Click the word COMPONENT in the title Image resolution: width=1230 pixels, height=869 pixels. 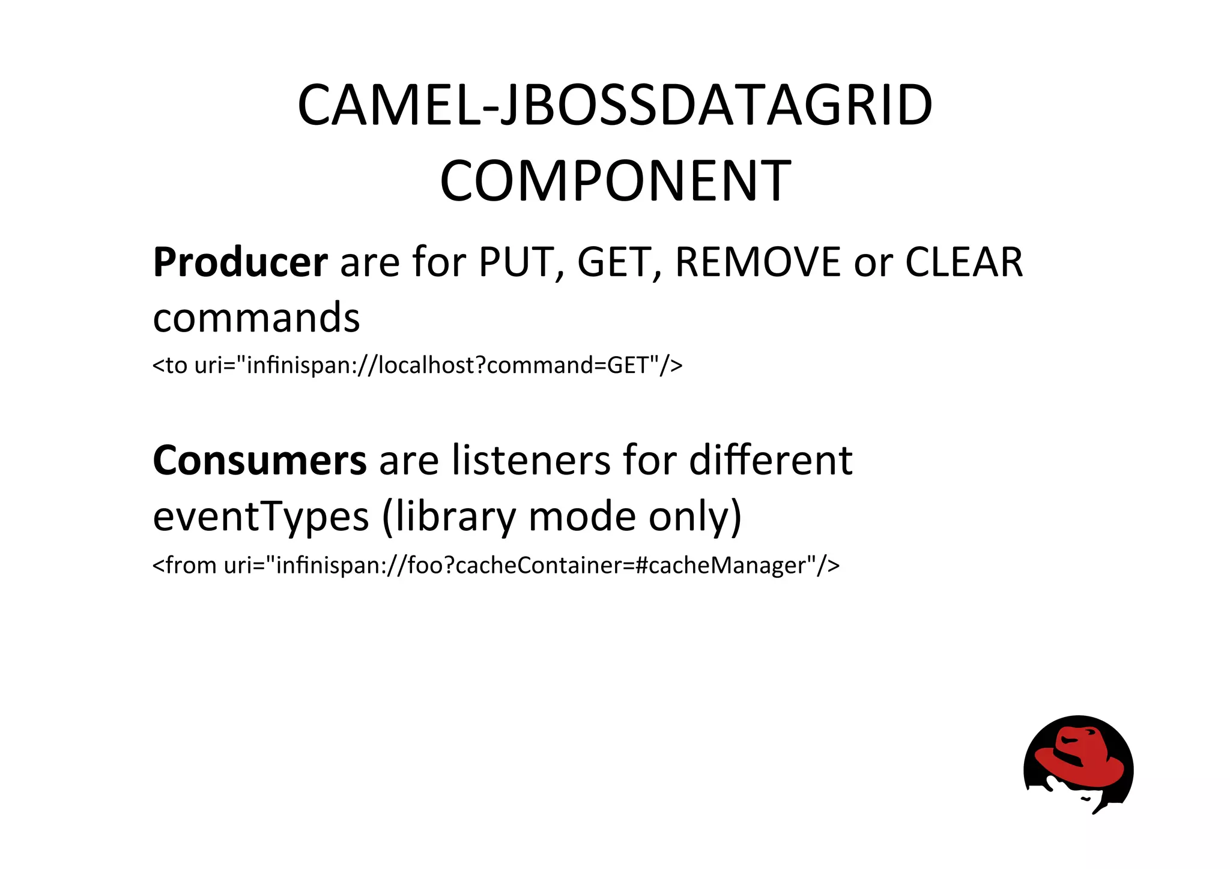615,181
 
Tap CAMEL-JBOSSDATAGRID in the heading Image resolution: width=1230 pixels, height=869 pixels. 615,106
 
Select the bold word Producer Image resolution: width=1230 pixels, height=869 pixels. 240,262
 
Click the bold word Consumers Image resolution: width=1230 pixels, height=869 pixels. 259,461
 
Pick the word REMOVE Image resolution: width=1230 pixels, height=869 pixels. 758,262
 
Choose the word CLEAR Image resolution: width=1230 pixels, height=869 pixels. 963,262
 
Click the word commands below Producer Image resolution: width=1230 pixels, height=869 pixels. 256,318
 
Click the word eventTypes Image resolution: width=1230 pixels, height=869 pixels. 261,517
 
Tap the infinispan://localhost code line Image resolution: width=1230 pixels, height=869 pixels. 417,365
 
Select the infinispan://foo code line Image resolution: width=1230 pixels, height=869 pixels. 496,565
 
